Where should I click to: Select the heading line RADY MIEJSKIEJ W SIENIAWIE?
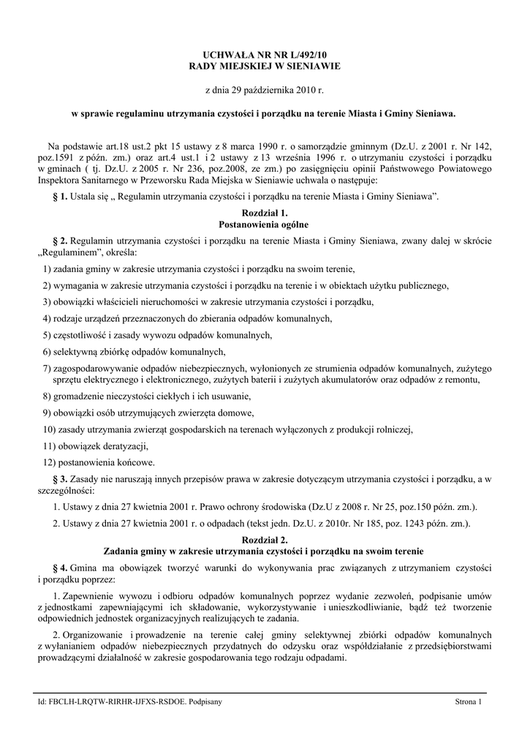pos(265,67)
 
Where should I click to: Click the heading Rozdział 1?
pos(264,212)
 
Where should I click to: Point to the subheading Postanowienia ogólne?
pos(264,224)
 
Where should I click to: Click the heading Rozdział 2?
pos(264,538)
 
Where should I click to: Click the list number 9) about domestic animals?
pos(48,413)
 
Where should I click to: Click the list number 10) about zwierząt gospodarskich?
pos(50,429)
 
